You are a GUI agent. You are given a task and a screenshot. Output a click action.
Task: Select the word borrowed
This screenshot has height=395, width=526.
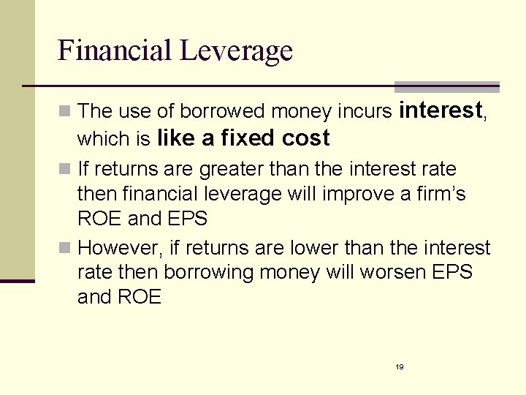[x=223, y=111]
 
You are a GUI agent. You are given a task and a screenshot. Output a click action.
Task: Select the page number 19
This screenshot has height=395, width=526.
[x=400, y=366]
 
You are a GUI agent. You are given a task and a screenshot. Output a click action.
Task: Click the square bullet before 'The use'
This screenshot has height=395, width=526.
[x=65, y=112]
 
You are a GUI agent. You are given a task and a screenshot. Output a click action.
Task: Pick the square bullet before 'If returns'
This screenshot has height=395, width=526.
[x=65, y=170]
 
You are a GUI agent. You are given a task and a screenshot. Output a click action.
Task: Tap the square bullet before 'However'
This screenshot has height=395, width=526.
[x=65, y=249]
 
